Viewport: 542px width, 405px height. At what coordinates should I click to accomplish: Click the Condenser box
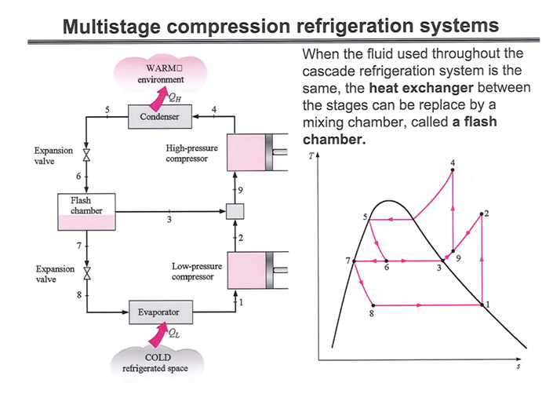tap(160, 118)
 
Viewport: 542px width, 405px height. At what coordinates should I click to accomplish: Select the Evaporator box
tap(159, 312)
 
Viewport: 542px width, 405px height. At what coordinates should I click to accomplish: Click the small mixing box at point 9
tap(235, 211)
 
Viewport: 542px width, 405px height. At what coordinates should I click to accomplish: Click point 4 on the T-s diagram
tap(453, 170)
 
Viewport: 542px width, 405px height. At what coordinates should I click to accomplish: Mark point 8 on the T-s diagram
tap(372, 305)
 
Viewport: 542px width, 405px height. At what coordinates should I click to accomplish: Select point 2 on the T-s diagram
tap(481, 213)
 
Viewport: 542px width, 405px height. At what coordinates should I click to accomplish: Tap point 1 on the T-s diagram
tap(482, 305)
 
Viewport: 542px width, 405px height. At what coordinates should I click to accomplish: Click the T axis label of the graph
tap(311, 156)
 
